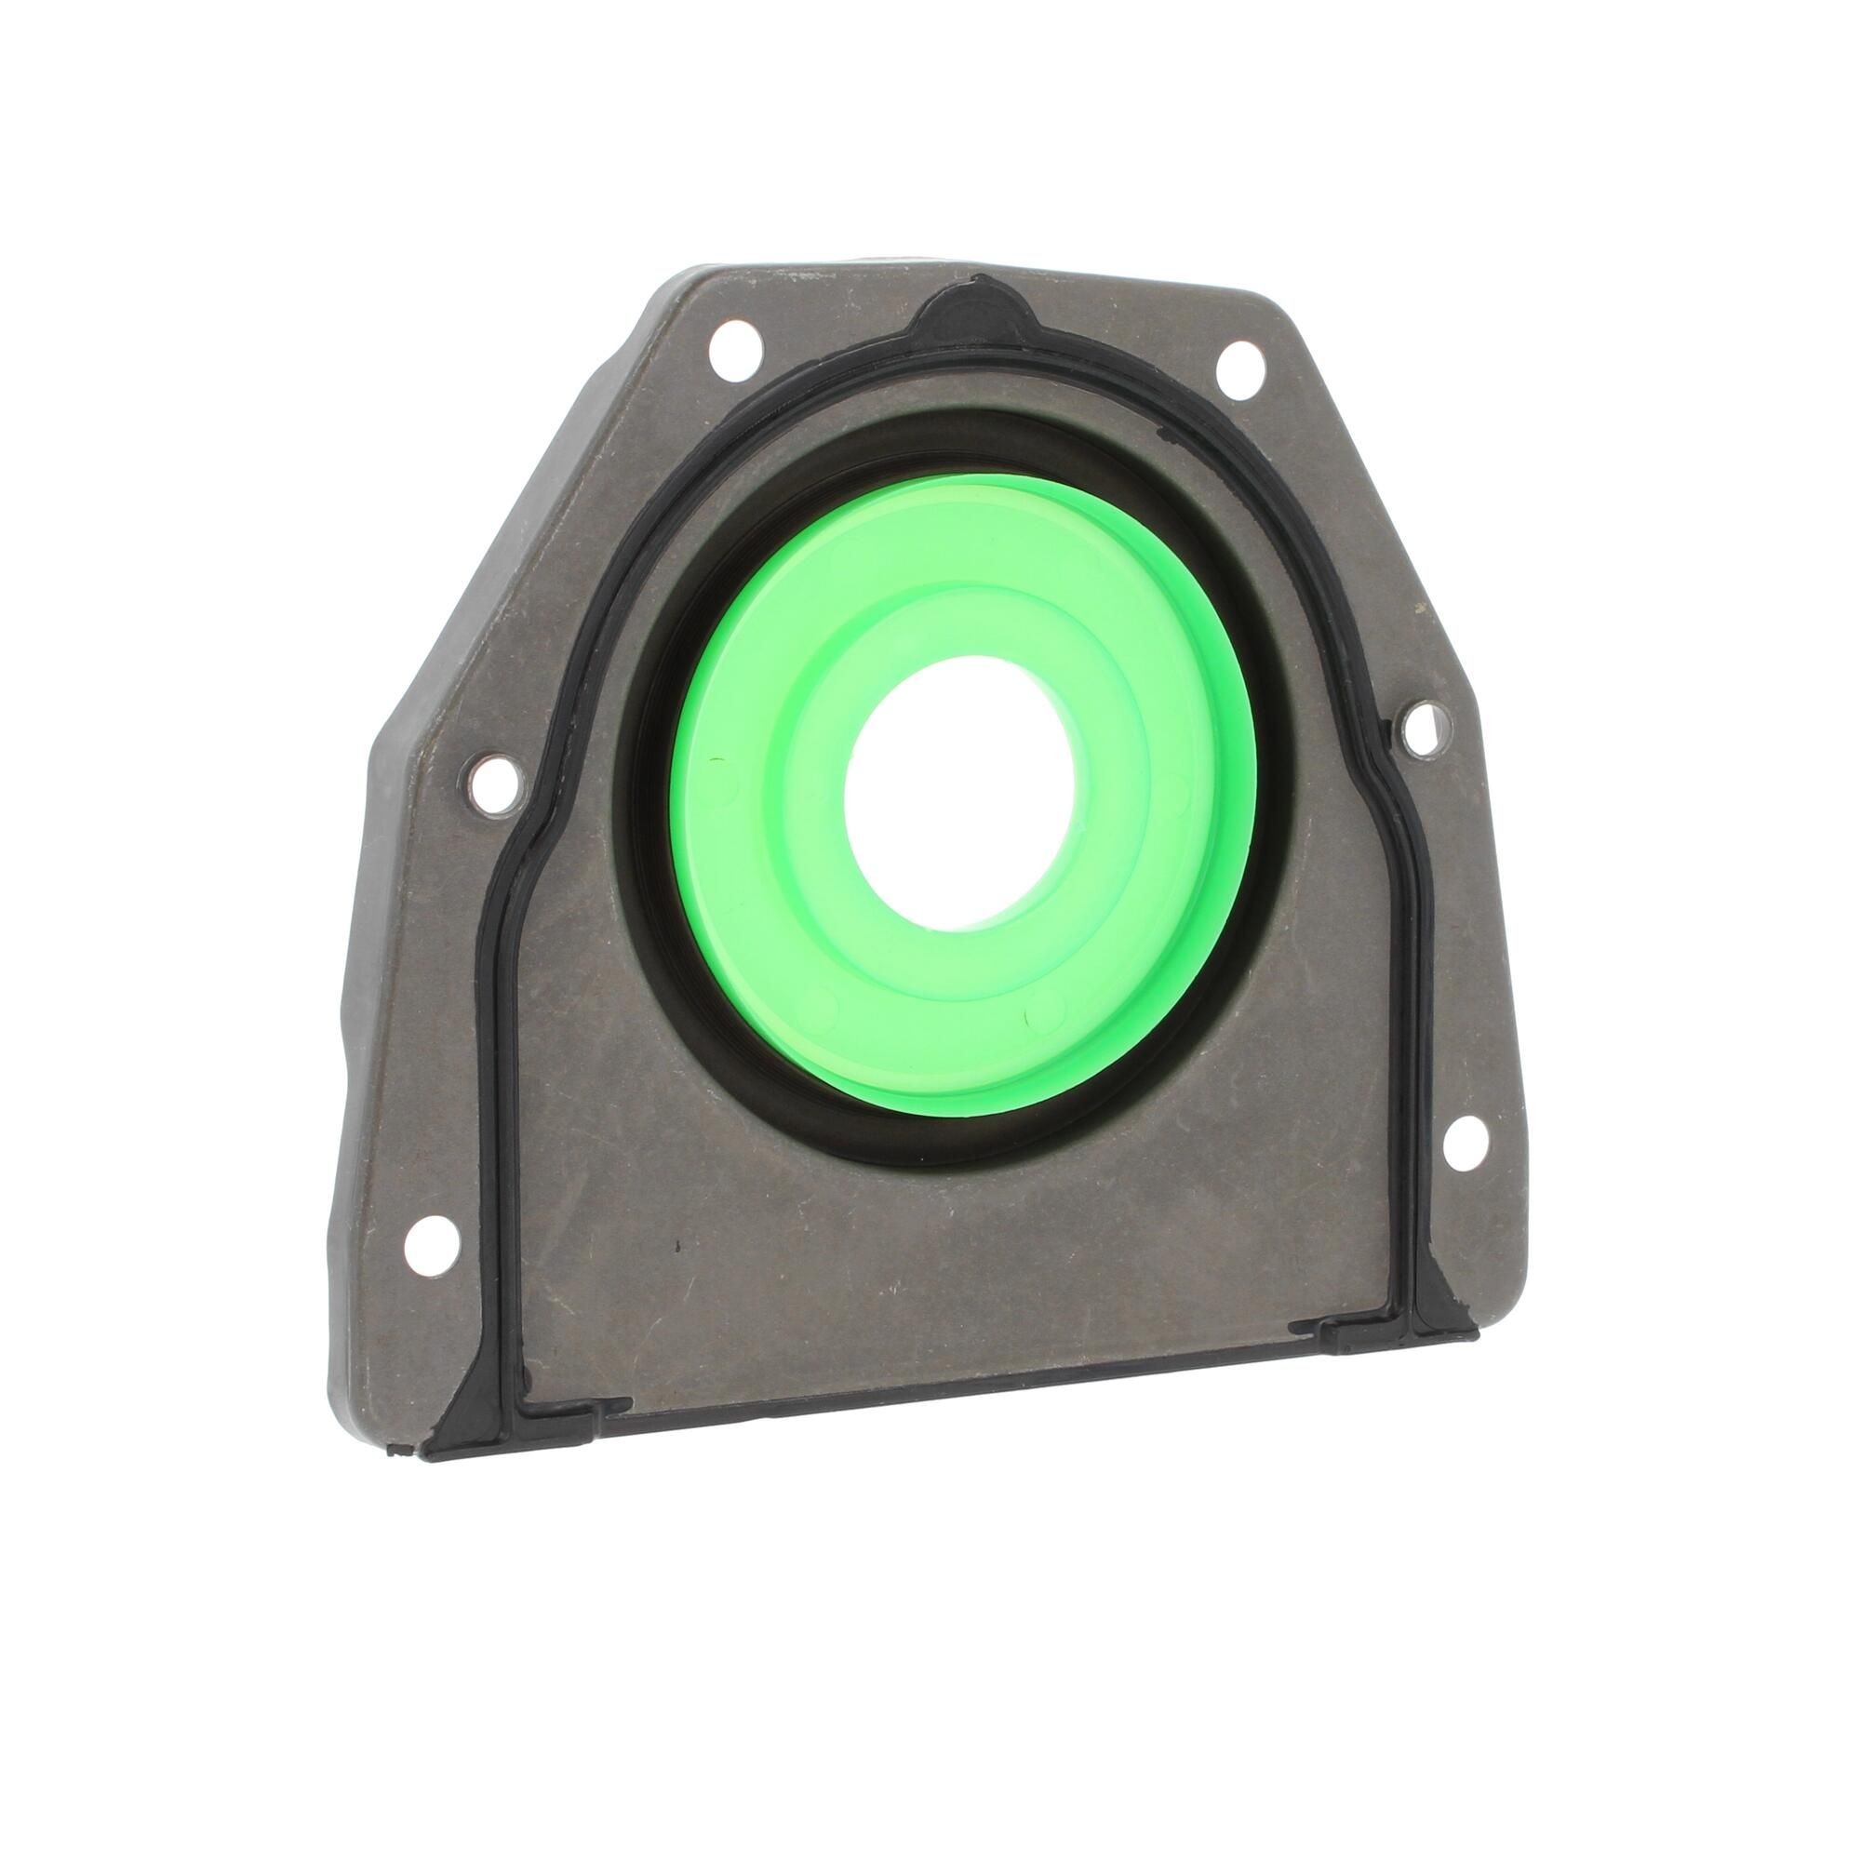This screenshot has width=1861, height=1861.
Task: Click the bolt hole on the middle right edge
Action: pyautogui.click(x=1423, y=730)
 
